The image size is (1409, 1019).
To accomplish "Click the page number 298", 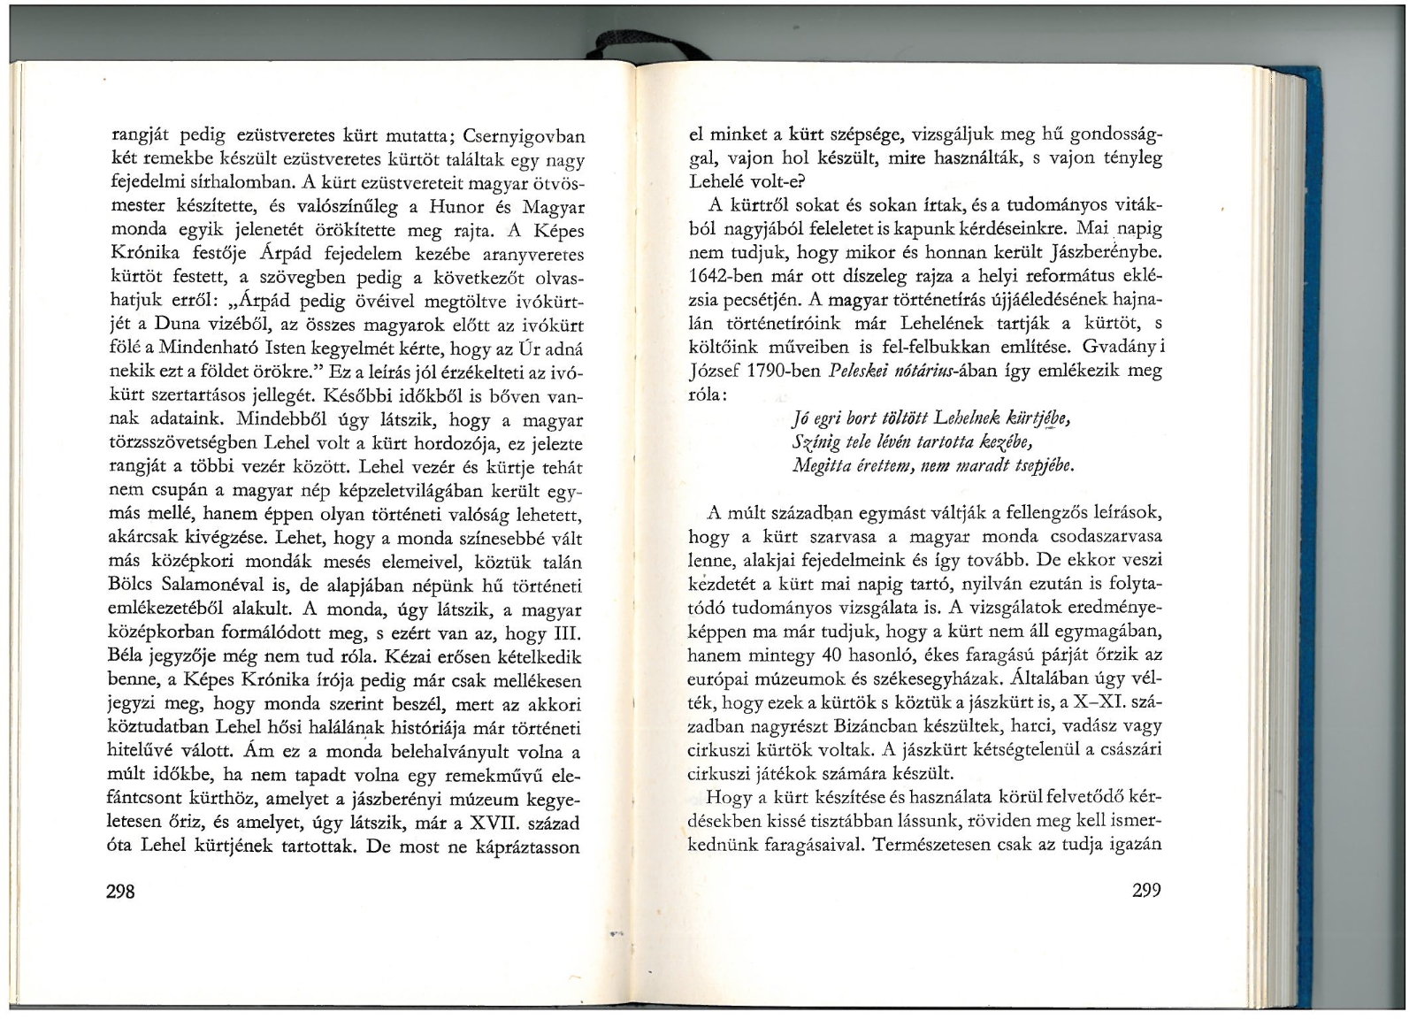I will point(119,892).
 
